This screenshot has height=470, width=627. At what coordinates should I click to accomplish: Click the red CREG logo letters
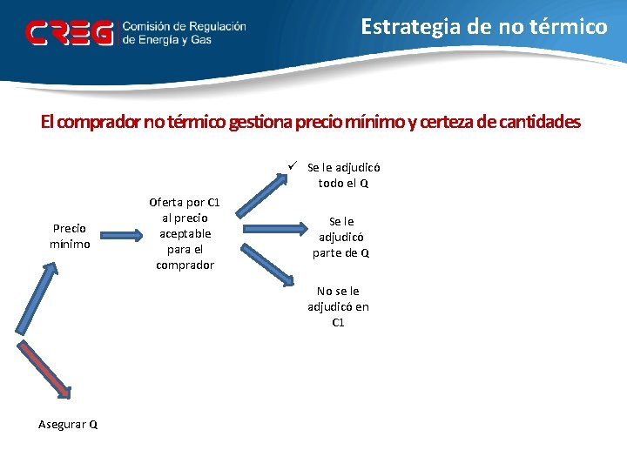tap(70, 33)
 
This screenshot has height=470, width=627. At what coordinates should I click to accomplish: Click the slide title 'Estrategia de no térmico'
tap(484, 26)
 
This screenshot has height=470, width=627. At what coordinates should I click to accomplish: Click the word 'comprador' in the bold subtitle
tap(102, 122)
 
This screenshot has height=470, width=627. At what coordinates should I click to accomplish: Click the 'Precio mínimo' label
tap(70, 236)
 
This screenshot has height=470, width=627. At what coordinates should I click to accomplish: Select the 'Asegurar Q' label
tap(68, 424)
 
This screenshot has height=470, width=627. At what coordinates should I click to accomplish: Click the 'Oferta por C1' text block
tap(185, 233)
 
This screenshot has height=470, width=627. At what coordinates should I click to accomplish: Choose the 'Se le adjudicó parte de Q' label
tap(341, 237)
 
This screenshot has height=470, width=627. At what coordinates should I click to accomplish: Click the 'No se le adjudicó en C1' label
tap(338, 306)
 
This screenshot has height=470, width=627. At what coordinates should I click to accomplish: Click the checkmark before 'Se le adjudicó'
tap(295, 166)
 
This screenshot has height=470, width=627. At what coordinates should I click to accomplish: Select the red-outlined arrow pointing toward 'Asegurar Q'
tap(46, 368)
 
